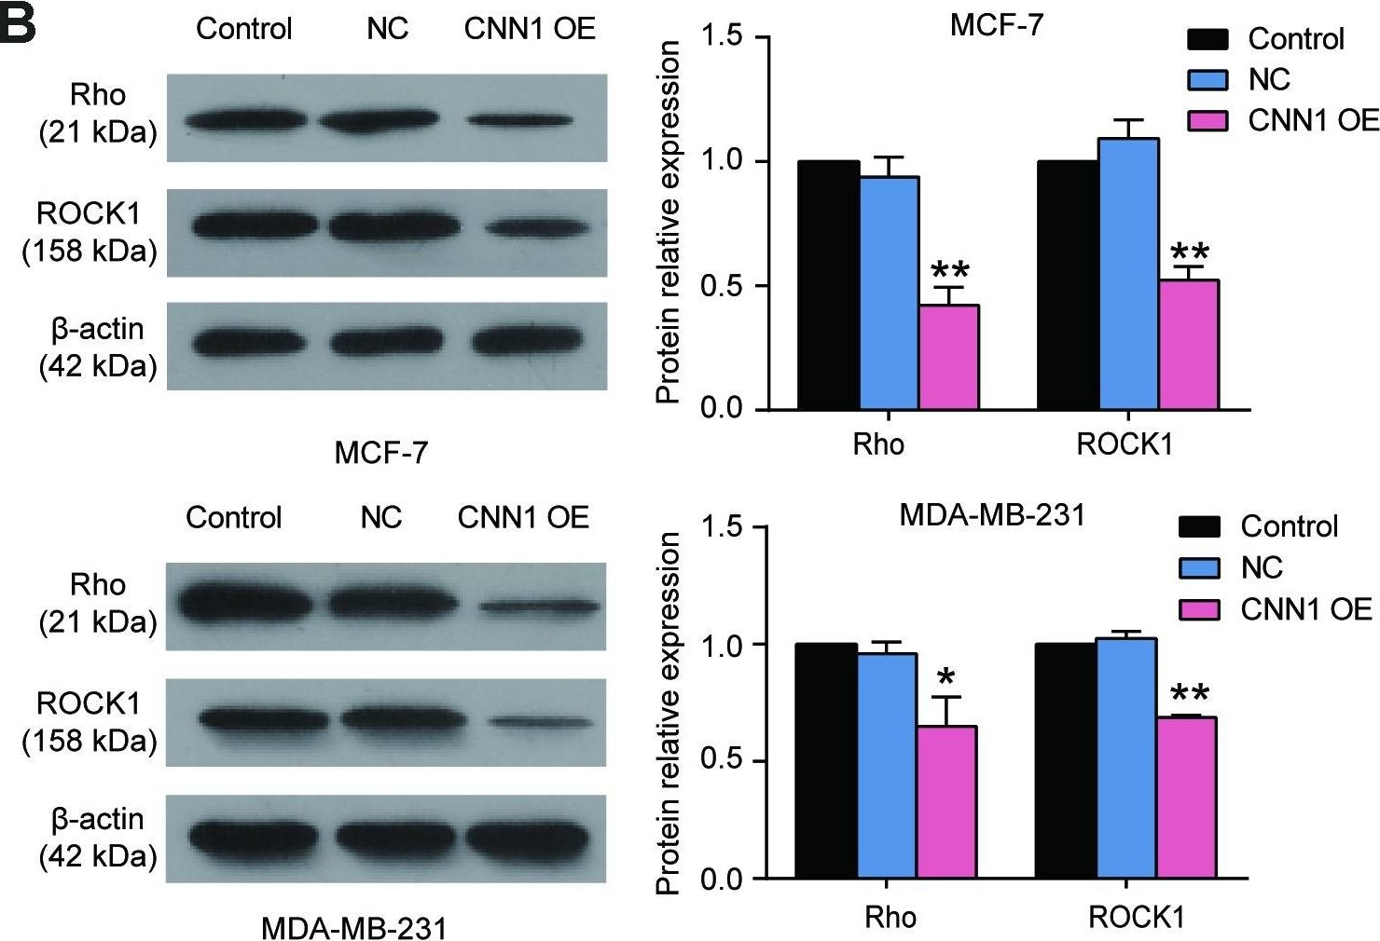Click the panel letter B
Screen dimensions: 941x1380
19,24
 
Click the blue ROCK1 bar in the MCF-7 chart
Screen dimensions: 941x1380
1128,274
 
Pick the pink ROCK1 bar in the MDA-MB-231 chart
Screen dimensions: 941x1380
1186,798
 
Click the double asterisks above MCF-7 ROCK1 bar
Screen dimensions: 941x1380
1189,252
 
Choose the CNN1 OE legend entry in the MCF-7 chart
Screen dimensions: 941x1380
1282,120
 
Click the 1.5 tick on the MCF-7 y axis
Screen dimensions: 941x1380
724,38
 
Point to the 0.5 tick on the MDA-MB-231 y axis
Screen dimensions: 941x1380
724,761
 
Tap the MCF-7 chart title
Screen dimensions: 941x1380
996,24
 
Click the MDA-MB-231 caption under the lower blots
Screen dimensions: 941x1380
353,928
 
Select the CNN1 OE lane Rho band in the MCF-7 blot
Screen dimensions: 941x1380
519,120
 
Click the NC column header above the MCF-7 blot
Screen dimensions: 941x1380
387,29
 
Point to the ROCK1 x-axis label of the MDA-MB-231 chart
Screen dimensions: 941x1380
1136,918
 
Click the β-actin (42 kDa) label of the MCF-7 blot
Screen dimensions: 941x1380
98,347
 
